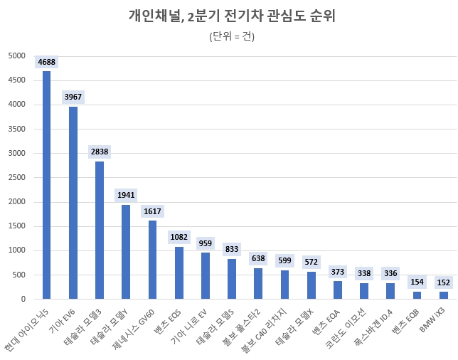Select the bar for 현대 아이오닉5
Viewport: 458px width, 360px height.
[46, 185]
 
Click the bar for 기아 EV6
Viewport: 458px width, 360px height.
[73, 203]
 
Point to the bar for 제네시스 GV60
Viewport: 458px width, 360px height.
[152, 260]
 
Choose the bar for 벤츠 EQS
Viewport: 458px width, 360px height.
[179, 272]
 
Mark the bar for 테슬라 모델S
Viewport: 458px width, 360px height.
[232, 279]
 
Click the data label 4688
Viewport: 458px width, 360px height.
[46, 62]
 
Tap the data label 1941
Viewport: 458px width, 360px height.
[126, 195]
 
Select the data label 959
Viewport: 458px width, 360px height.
[205, 243]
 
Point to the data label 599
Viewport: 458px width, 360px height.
[284, 260]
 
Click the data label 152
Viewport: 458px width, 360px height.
[443, 282]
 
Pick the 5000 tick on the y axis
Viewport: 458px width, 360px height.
[16, 56]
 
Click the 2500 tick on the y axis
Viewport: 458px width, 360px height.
[16, 178]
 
